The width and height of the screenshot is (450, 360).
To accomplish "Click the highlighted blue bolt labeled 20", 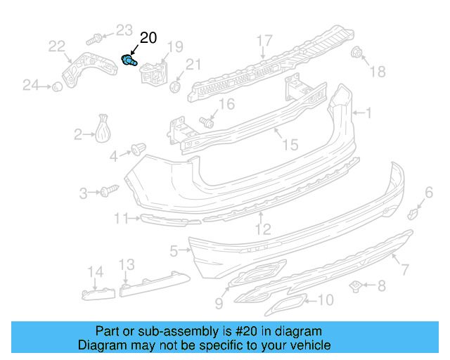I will click(129, 61).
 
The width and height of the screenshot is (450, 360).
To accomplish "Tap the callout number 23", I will click(124, 30).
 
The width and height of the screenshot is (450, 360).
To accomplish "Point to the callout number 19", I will click(174, 48).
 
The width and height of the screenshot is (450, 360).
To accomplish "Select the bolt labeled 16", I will click(207, 121).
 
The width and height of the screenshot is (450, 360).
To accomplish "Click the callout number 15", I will click(290, 145).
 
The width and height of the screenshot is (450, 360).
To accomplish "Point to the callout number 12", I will click(262, 229).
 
